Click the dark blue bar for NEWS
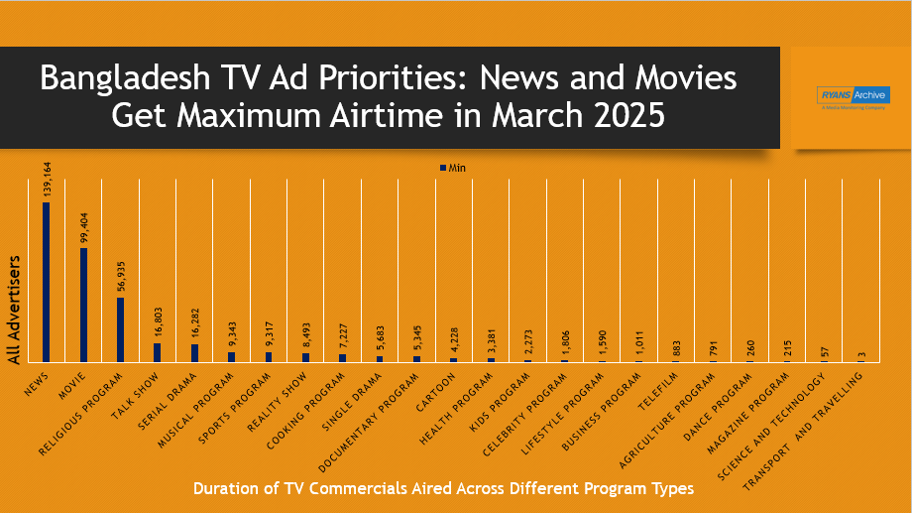(x=46, y=282)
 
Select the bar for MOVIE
(x=83, y=305)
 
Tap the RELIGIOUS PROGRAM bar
(x=120, y=329)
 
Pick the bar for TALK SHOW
(x=157, y=352)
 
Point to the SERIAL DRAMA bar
(x=194, y=352)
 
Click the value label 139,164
(x=47, y=182)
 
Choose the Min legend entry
(x=452, y=168)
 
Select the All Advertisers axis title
(x=14, y=309)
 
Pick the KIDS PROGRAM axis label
(x=504, y=393)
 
